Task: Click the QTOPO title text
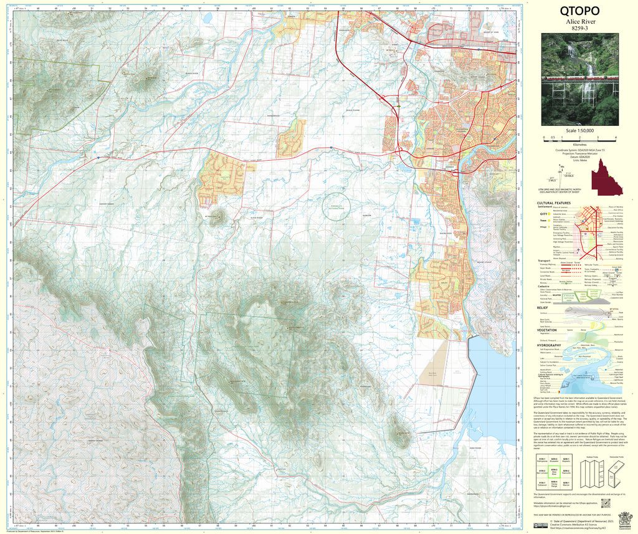[579, 11]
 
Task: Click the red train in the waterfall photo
[579, 79]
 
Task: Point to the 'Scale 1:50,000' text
[579, 131]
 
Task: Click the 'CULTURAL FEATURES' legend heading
[554, 203]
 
